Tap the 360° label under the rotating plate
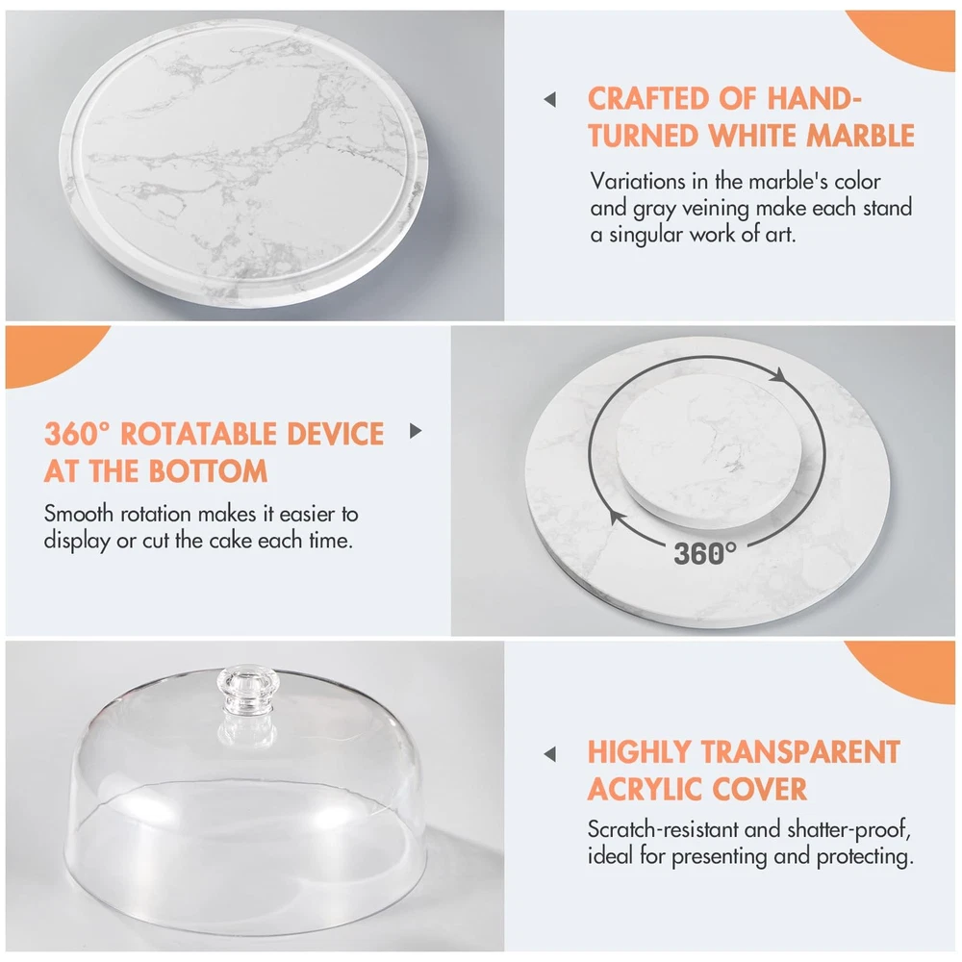[x=705, y=553]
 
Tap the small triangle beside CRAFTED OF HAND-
[x=549, y=99]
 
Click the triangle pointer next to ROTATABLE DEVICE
[x=416, y=431]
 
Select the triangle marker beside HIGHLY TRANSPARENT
[x=549, y=754]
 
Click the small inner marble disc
[x=709, y=451]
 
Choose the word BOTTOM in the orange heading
[x=208, y=471]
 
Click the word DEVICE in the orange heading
[x=335, y=435]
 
